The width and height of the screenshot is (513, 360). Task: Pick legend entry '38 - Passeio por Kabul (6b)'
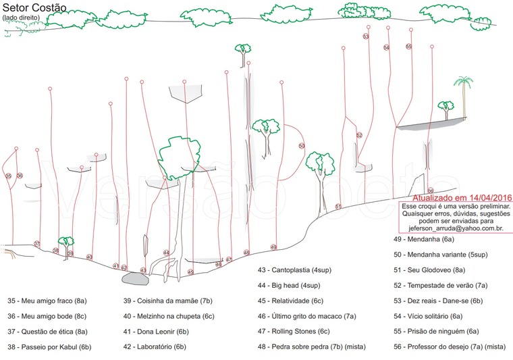[49, 347]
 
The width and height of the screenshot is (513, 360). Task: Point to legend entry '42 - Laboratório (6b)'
[155, 347]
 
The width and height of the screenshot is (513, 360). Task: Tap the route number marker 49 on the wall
[273, 247]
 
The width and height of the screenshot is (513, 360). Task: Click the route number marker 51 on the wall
[338, 207]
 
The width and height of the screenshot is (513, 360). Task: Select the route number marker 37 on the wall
[37, 244]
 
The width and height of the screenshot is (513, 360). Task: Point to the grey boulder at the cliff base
[135, 278]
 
